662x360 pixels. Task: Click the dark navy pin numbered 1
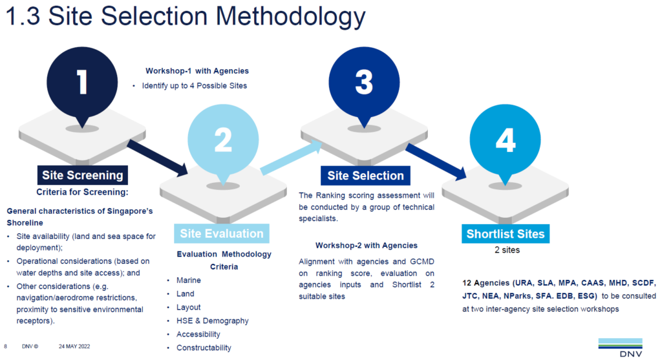click(82, 83)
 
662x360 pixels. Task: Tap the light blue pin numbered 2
click(222, 140)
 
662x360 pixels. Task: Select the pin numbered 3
click(364, 82)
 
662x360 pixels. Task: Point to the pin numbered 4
click(505, 140)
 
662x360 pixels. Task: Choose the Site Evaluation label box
click(221, 233)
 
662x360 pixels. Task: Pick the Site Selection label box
click(365, 175)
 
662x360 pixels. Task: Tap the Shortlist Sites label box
click(506, 233)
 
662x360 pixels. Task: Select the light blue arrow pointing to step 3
click(291, 158)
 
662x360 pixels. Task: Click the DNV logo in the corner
click(619, 347)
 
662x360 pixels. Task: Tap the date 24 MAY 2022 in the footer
click(74, 346)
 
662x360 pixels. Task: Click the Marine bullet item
click(189, 281)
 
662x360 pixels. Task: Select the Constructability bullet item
click(204, 348)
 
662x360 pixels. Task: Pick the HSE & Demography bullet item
click(212, 321)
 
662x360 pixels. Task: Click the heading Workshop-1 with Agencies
click(197, 71)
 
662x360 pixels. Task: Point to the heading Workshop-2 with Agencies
click(367, 246)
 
